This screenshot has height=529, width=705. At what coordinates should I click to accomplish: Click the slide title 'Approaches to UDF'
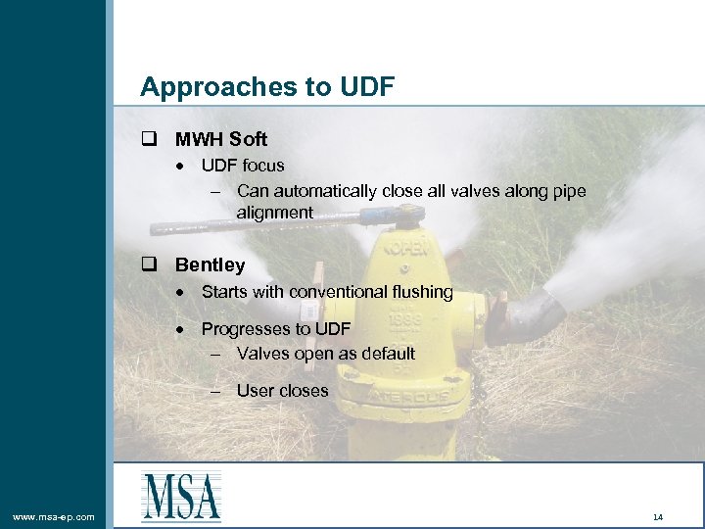[266, 87]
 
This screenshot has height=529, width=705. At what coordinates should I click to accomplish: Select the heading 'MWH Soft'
[220, 140]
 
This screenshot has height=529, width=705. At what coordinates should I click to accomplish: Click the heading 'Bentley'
[210, 265]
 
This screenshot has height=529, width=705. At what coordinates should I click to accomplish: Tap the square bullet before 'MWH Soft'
[149, 140]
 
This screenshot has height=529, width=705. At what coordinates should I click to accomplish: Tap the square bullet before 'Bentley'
[149, 265]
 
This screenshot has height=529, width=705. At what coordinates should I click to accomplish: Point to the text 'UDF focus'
[243, 166]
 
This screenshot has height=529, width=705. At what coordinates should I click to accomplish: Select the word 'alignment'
[274, 213]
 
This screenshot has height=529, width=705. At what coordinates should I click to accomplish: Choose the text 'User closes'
[282, 391]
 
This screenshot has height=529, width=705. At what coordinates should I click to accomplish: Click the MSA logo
[181, 497]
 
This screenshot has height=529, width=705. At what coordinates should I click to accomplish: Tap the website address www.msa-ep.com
[53, 516]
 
